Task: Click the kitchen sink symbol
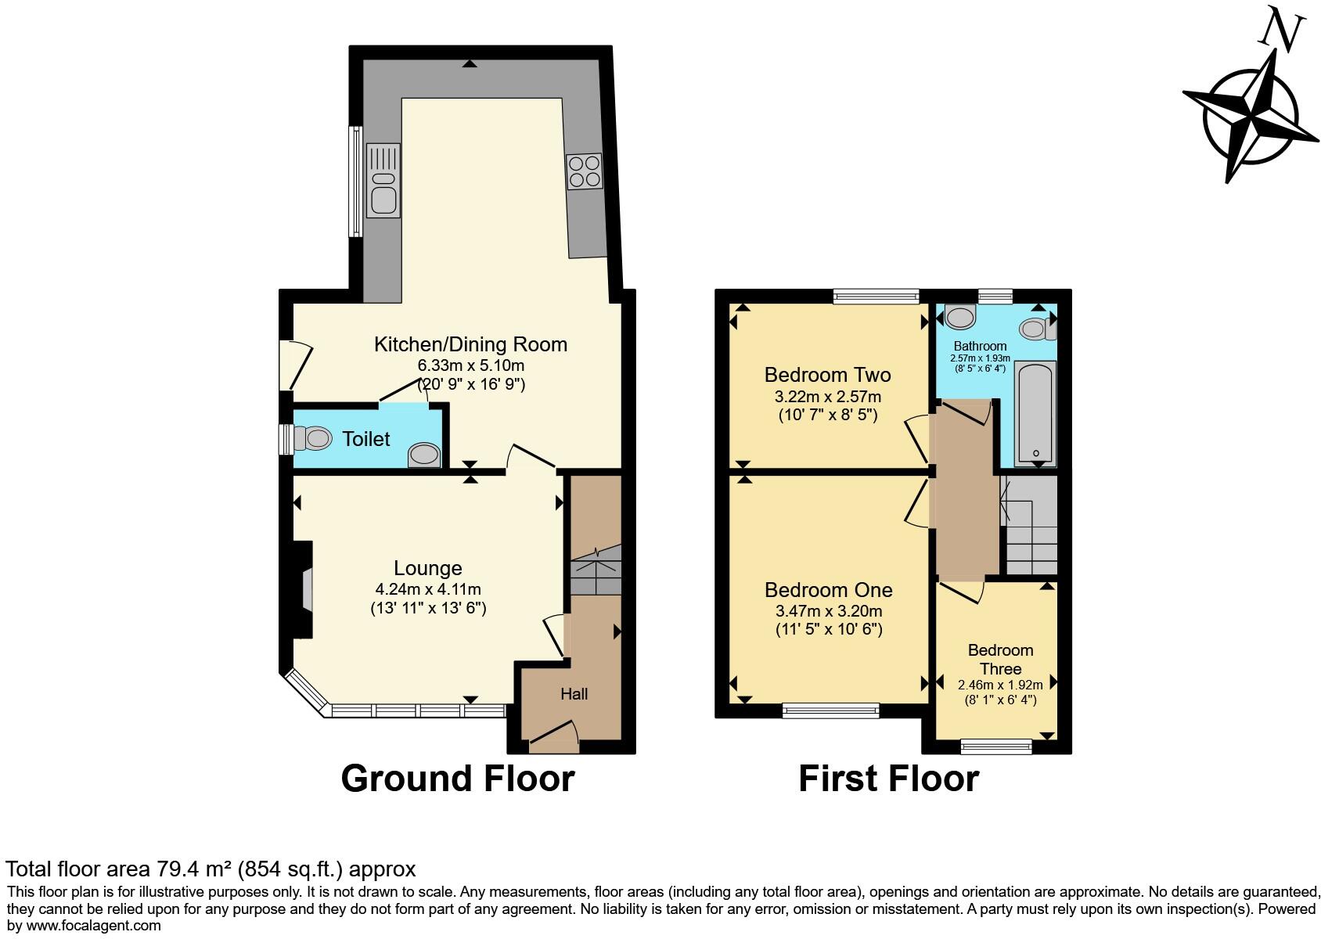(383, 181)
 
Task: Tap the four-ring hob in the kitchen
(585, 171)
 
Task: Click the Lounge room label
(427, 568)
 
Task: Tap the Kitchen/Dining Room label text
(470, 344)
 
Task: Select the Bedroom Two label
(827, 375)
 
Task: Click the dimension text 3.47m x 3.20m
(827, 611)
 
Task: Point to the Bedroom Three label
(1000, 659)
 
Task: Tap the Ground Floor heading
(458, 779)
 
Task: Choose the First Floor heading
(888, 779)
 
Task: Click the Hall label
(574, 694)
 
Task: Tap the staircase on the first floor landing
(1031, 526)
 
